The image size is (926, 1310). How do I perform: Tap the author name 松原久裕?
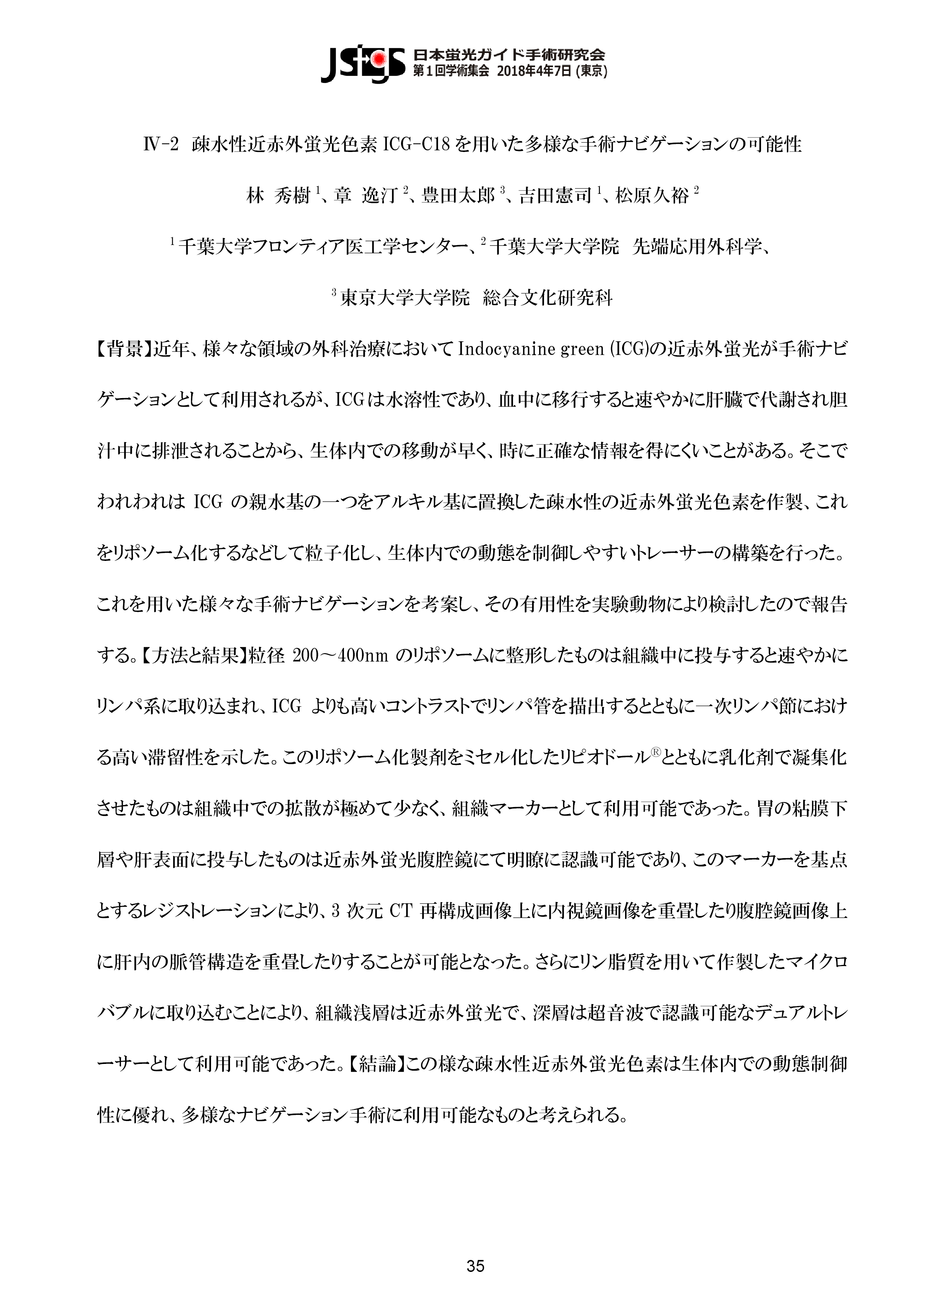pyautogui.click(x=652, y=196)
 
